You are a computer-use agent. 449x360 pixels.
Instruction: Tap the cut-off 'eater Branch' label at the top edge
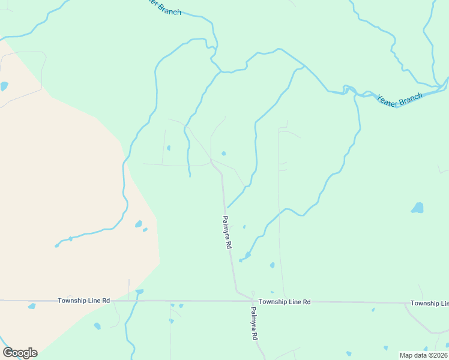coord(163,7)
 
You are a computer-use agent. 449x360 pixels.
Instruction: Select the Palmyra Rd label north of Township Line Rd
coord(228,233)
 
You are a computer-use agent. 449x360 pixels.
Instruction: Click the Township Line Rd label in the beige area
coord(83,300)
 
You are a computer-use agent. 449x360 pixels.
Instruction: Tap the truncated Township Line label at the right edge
coord(429,304)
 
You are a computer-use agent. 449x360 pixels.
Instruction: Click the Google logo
coord(20,353)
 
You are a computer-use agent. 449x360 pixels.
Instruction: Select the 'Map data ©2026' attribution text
coord(424,355)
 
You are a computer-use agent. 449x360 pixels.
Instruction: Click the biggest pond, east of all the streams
coord(417,208)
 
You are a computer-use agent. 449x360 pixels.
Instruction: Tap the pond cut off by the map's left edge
coord(4,86)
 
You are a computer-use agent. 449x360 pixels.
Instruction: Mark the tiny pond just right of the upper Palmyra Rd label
coord(244,227)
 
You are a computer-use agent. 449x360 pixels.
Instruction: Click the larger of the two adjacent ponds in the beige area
coord(139,224)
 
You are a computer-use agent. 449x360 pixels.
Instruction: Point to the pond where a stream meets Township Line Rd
coord(139,292)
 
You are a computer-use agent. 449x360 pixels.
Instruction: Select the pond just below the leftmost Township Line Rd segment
coord(32,306)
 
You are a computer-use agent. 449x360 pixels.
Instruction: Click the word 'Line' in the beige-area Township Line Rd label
coord(95,300)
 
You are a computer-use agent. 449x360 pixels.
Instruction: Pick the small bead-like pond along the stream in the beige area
coord(70,239)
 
